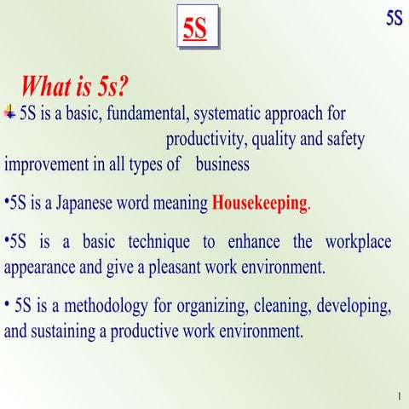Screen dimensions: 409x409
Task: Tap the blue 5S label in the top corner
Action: (x=394, y=18)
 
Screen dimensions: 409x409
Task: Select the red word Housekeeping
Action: (x=259, y=204)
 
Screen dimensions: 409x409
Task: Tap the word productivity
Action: (x=204, y=140)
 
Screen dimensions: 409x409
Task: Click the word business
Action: (x=222, y=164)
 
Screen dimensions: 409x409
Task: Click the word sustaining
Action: (x=60, y=330)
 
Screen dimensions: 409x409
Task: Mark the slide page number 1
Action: (x=398, y=398)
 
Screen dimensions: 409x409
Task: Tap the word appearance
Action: (x=40, y=267)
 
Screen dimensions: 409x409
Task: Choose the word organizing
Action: (x=213, y=305)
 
